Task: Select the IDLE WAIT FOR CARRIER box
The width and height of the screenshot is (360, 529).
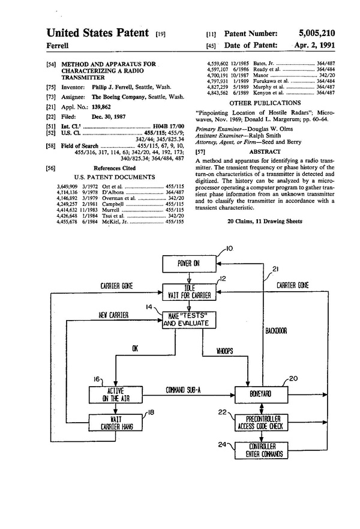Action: click(x=190, y=292)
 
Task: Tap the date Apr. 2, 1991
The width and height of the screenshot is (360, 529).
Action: click(x=314, y=45)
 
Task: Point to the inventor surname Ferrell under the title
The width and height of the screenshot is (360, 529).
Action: click(x=59, y=45)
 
